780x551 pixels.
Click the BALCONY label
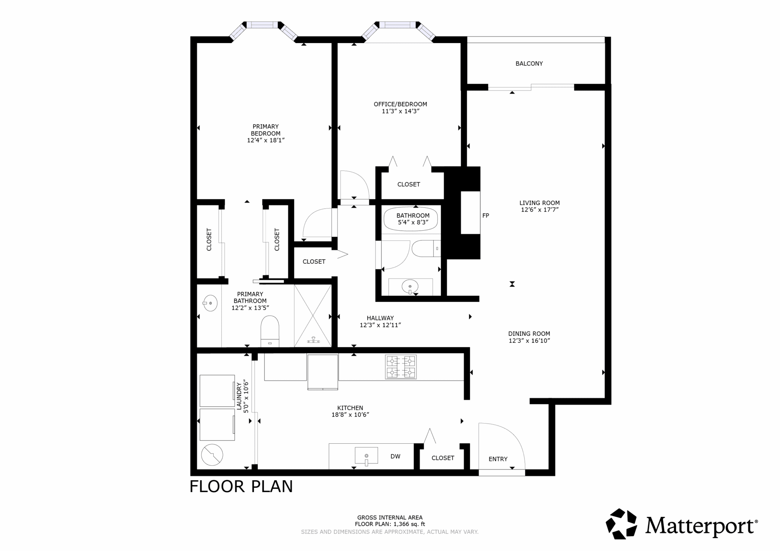click(529, 64)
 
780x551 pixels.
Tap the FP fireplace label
click(486, 215)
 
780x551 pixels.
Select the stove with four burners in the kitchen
click(401, 367)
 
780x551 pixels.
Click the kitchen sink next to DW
click(366, 456)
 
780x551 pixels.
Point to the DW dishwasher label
click(395, 456)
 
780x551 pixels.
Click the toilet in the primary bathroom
click(270, 331)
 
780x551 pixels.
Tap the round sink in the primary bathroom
click(210, 303)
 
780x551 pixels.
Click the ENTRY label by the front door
click(498, 459)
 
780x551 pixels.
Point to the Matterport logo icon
click(621, 524)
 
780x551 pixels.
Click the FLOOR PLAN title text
click(241, 486)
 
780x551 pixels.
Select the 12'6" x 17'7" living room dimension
click(540, 210)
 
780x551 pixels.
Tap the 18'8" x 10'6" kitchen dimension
click(350, 415)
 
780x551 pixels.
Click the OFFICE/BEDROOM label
click(400, 104)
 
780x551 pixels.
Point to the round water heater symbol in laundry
click(212, 455)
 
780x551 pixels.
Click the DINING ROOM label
click(529, 334)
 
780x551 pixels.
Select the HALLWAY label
click(380, 318)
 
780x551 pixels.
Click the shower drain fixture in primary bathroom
click(313, 340)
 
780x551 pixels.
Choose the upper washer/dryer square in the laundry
click(217, 391)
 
